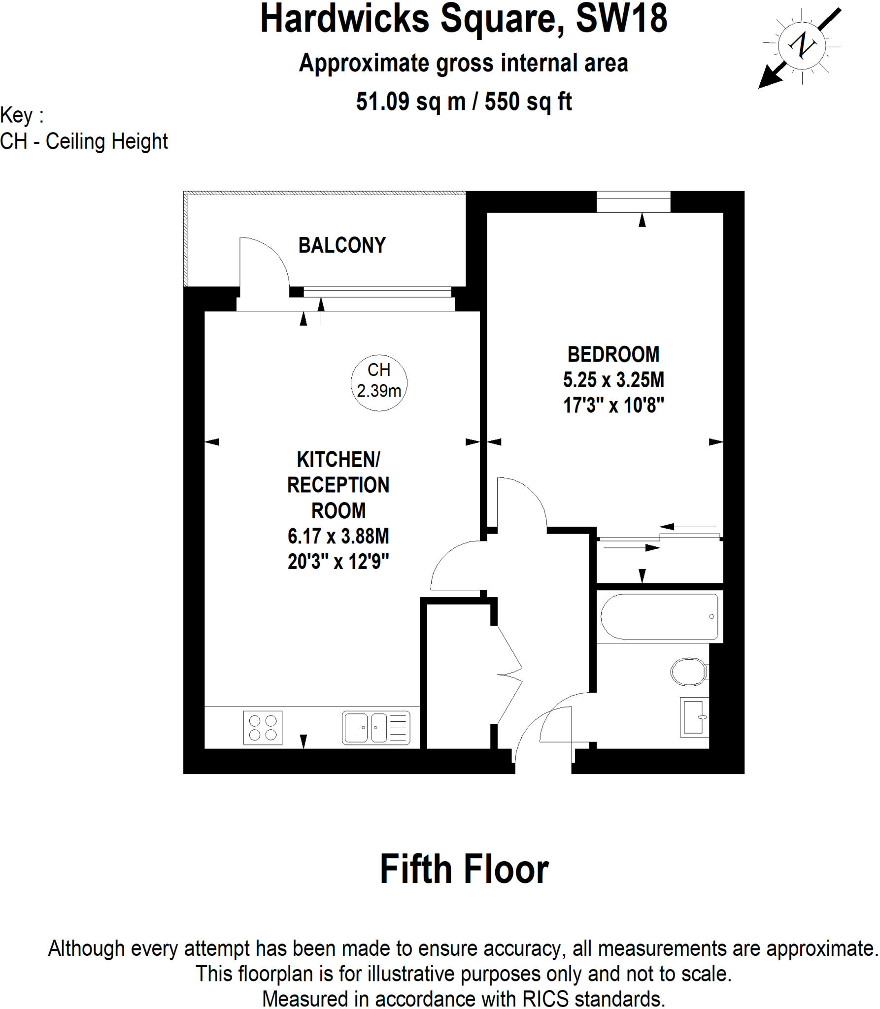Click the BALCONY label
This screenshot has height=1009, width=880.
point(342,245)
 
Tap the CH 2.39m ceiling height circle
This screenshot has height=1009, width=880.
point(379,383)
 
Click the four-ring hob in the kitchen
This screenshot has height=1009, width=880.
point(263,728)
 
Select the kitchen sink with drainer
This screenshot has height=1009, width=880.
point(376,728)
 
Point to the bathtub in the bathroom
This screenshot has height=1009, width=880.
point(659,617)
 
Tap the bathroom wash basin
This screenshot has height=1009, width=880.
point(694,717)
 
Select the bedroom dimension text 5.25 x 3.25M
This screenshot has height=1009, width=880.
point(613,380)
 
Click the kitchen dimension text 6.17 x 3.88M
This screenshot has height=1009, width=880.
point(338,536)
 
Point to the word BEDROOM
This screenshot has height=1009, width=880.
point(613,354)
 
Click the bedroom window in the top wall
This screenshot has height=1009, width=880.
point(633,202)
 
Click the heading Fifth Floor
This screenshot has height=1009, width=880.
point(464,869)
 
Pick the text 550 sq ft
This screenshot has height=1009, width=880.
point(528,101)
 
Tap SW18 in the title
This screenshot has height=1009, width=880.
point(621,19)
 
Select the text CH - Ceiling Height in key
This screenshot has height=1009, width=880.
point(84,141)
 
